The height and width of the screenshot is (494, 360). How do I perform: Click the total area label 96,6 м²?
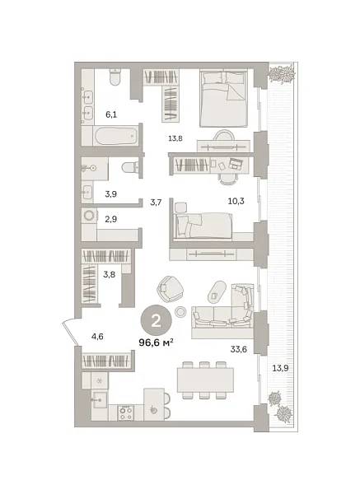tap(156, 343)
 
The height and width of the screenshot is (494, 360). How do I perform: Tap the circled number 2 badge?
tap(156, 321)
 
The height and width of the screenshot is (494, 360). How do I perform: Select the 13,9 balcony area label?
tap(280, 368)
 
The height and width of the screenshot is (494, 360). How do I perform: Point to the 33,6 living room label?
tap(238, 349)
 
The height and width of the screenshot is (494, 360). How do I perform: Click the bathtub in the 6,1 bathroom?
tap(115, 136)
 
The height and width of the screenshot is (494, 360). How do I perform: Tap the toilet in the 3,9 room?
tap(130, 167)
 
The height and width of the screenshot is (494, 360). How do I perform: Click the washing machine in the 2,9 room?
tap(89, 216)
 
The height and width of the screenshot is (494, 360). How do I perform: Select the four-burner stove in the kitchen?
tap(126, 413)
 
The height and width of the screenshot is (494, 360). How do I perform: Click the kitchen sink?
tap(100, 400)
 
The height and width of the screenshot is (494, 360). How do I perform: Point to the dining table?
tap(205, 380)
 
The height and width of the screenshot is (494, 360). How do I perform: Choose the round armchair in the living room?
tap(170, 289)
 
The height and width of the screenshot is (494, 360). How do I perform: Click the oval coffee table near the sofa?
tap(217, 291)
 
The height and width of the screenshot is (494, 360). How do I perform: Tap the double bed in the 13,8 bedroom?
tap(223, 98)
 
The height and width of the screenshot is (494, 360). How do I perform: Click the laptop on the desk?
tap(236, 163)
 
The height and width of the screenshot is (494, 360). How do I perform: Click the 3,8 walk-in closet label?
tap(109, 274)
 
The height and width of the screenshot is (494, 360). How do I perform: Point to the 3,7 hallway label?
tap(156, 203)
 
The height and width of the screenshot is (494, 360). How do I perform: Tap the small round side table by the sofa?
tap(180, 311)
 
